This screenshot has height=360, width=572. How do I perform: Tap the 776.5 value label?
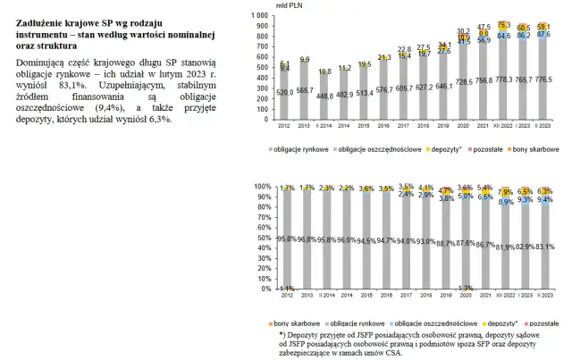click(x=544, y=79)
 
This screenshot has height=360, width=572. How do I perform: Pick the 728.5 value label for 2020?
click(x=464, y=81)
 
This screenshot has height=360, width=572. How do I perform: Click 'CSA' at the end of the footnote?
click(x=390, y=354)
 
